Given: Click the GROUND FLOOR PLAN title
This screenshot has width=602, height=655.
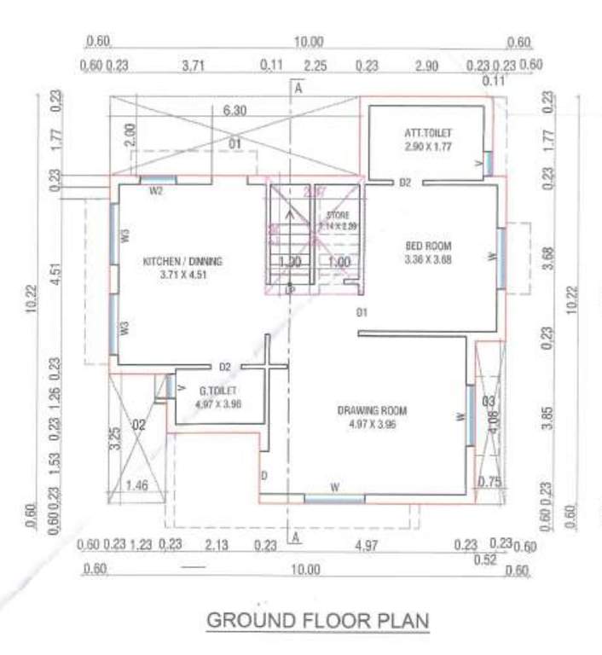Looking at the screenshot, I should (x=318, y=619).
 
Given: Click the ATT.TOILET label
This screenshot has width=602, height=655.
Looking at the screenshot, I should (x=428, y=134).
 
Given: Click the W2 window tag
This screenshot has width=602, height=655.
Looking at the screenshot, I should (x=156, y=191).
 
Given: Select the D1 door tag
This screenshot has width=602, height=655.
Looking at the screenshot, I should (x=362, y=312).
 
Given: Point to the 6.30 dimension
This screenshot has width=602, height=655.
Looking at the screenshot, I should (x=234, y=110).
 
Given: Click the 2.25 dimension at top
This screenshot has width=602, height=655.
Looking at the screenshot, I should (x=315, y=65).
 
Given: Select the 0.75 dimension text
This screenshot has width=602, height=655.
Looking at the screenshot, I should (x=489, y=480).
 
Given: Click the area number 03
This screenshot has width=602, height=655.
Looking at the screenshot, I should (x=487, y=400).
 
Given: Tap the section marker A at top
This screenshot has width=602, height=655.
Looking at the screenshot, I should (x=298, y=86).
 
